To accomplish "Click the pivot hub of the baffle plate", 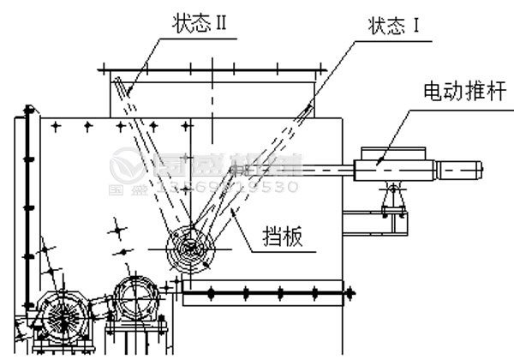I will (x=193, y=249).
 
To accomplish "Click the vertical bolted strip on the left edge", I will (x=28, y=206).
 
